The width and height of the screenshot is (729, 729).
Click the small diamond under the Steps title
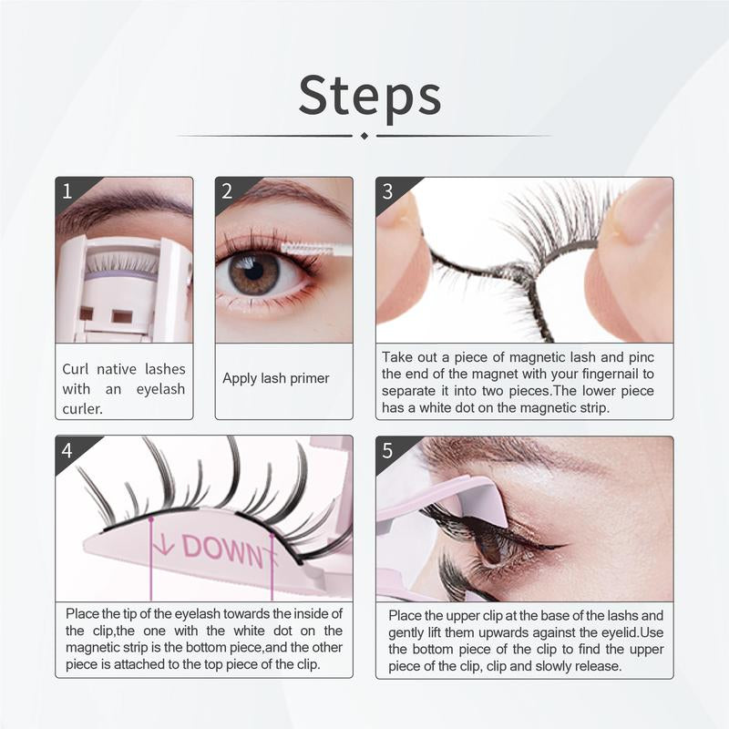pyautogui.click(x=364, y=136)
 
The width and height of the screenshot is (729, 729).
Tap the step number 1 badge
pyautogui.click(x=67, y=191)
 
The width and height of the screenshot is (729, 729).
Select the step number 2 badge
pyautogui.click(x=227, y=191)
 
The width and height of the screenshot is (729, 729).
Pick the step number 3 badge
pyautogui.click(x=387, y=191)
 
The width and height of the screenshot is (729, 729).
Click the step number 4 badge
pyautogui.click(x=67, y=450)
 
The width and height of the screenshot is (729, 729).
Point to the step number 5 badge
pyautogui.click(x=387, y=450)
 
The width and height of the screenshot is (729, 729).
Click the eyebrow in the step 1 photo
pyautogui.click(x=118, y=202)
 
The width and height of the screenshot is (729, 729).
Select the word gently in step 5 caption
pyautogui.click(x=410, y=633)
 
